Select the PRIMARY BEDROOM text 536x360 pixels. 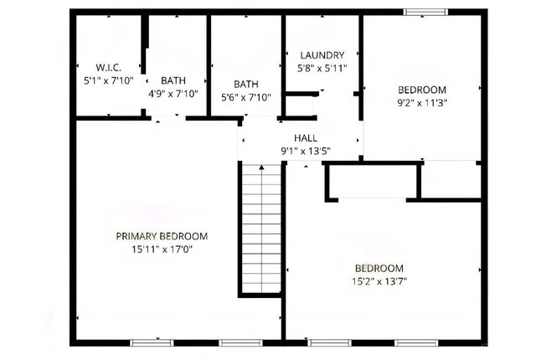(x=161, y=236)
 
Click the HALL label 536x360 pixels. (x=305, y=138)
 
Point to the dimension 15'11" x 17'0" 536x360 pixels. (x=161, y=249)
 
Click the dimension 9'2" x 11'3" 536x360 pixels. (x=422, y=104)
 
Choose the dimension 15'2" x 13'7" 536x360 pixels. (x=380, y=282)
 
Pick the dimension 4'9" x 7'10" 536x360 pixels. (x=173, y=94)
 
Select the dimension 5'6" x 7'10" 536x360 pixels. (x=246, y=97)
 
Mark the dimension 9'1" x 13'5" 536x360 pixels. (x=305, y=152)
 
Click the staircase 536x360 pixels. (x=261, y=229)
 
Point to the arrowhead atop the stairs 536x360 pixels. (x=261, y=168)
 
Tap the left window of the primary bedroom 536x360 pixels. (x=152, y=342)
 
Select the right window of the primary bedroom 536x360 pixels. (x=240, y=342)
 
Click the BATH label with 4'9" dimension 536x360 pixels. (x=173, y=80)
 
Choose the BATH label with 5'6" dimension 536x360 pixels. (x=246, y=84)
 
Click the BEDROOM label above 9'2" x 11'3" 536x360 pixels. (x=422, y=90)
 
